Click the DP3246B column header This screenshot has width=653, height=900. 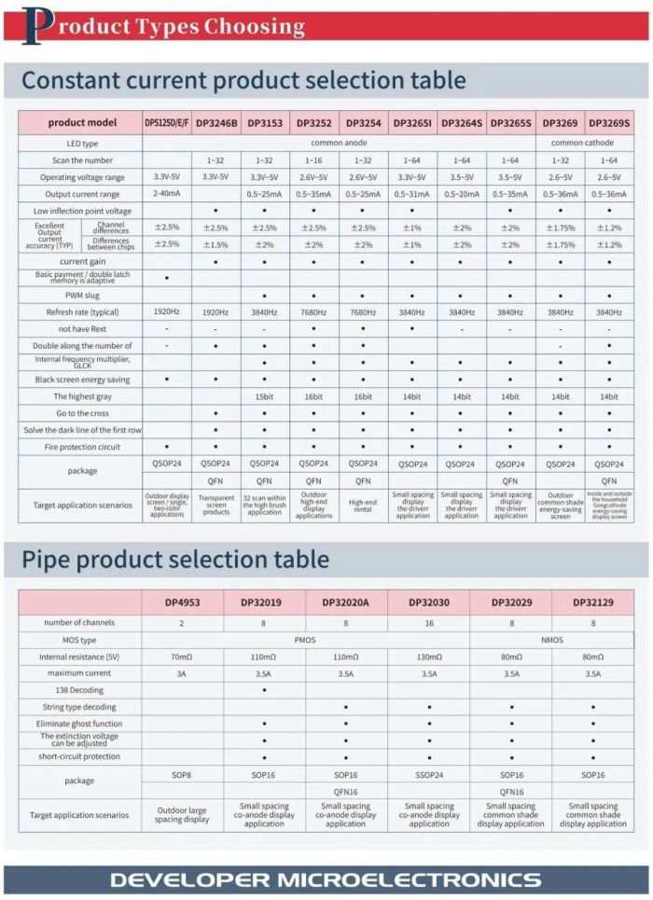(x=216, y=122)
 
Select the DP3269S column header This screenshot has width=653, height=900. (x=609, y=122)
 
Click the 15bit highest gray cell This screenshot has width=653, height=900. (x=265, y=396)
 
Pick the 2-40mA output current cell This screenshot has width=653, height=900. (x=167, y=194)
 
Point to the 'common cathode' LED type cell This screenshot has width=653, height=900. (x=584, y=144)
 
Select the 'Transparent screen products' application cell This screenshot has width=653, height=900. (x=216, y=505)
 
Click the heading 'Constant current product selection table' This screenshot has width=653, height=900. (x=243, y=80)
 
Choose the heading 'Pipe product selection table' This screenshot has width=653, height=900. (x=175, y=560)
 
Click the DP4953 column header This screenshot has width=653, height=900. (x=183, y=602)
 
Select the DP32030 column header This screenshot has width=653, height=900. (x=429, y=602)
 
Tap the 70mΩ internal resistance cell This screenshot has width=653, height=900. (x=183, y=657)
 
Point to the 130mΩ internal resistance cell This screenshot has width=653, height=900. (x=429, y=657)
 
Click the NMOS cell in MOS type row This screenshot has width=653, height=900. (x=552, y=640)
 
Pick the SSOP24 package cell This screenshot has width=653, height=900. (x=429, y=775)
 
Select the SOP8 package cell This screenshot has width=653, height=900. (x=183, y=775)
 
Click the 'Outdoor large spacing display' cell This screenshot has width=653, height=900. (x=183, y=814)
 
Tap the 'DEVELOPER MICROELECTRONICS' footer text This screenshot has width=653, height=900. (x=326, y=879)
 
